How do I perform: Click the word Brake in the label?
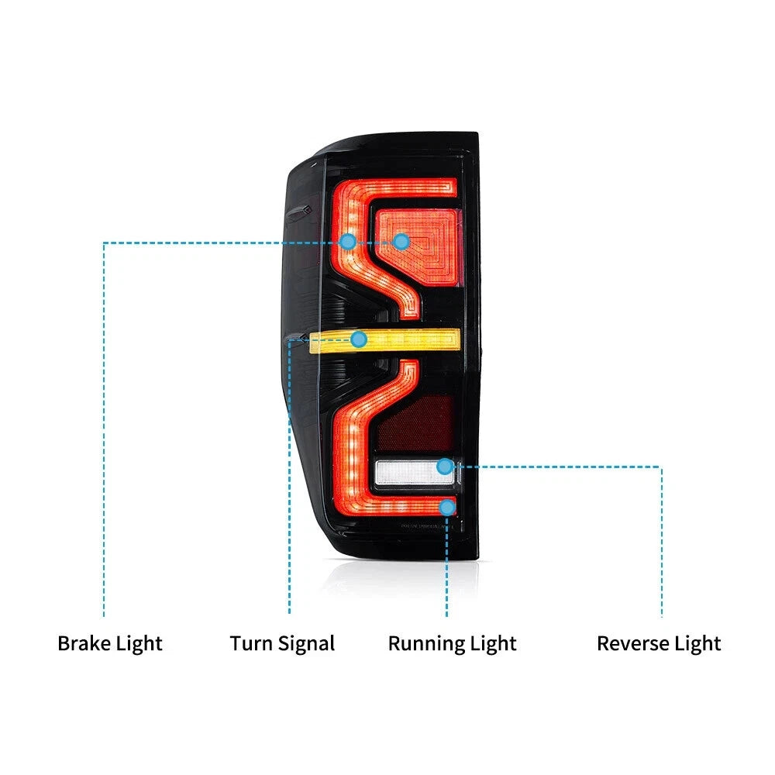click(x=84, y=643)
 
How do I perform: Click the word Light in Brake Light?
click(x=139, y=644)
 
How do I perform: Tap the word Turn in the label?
click(x=251, y=643)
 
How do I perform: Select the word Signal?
click(x=306, y=645)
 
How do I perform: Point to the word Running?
click(x=426, y=645)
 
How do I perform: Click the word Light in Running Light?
click(x=493, y=644)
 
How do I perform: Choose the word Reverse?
click(x=633, y=643)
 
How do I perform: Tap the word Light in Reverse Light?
click(x=698, y=644)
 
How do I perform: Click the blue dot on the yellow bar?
click(x=359, y=339)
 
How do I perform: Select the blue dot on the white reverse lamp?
click(x=445, y=466)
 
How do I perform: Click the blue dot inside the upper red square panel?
click(x=401, y=242)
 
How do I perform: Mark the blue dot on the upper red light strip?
click(x=348, y=242)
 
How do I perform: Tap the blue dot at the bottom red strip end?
click(x=447, y=507)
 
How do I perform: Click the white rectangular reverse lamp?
click(x=414, y=473)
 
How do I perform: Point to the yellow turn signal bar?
click(x=384, y=340)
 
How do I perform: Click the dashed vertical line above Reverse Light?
click(x=661, y=541)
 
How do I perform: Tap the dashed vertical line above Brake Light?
click(x=104, y=429)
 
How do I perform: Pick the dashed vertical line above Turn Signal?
click(x=290, y=477)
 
